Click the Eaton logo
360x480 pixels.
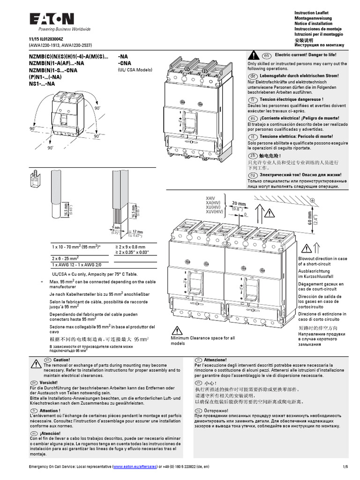pyautogui.click(x=52, y=18)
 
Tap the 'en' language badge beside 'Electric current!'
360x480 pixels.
pyautogui.click(x=266, y=55)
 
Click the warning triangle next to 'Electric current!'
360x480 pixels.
pyautogui.click(x=253, y=54)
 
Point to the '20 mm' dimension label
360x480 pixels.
pyautogui.click(x=239, y=203)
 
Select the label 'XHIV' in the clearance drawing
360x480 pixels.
pyautogui.click(x=212, y=199)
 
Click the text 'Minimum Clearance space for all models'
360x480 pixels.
pyautogui.click(x=202, y=340)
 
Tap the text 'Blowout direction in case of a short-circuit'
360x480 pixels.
pyautogui.click(x=322, y=261)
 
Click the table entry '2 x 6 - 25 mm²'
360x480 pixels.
pyautogui.click(x=65, y=258)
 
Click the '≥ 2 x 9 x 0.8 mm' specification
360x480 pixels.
pyautogui.click(x=130, y=247)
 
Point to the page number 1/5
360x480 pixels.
pyautogui.click(x=345, y=467)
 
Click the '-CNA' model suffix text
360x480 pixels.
pyautogui.click(x=125, y=62)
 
